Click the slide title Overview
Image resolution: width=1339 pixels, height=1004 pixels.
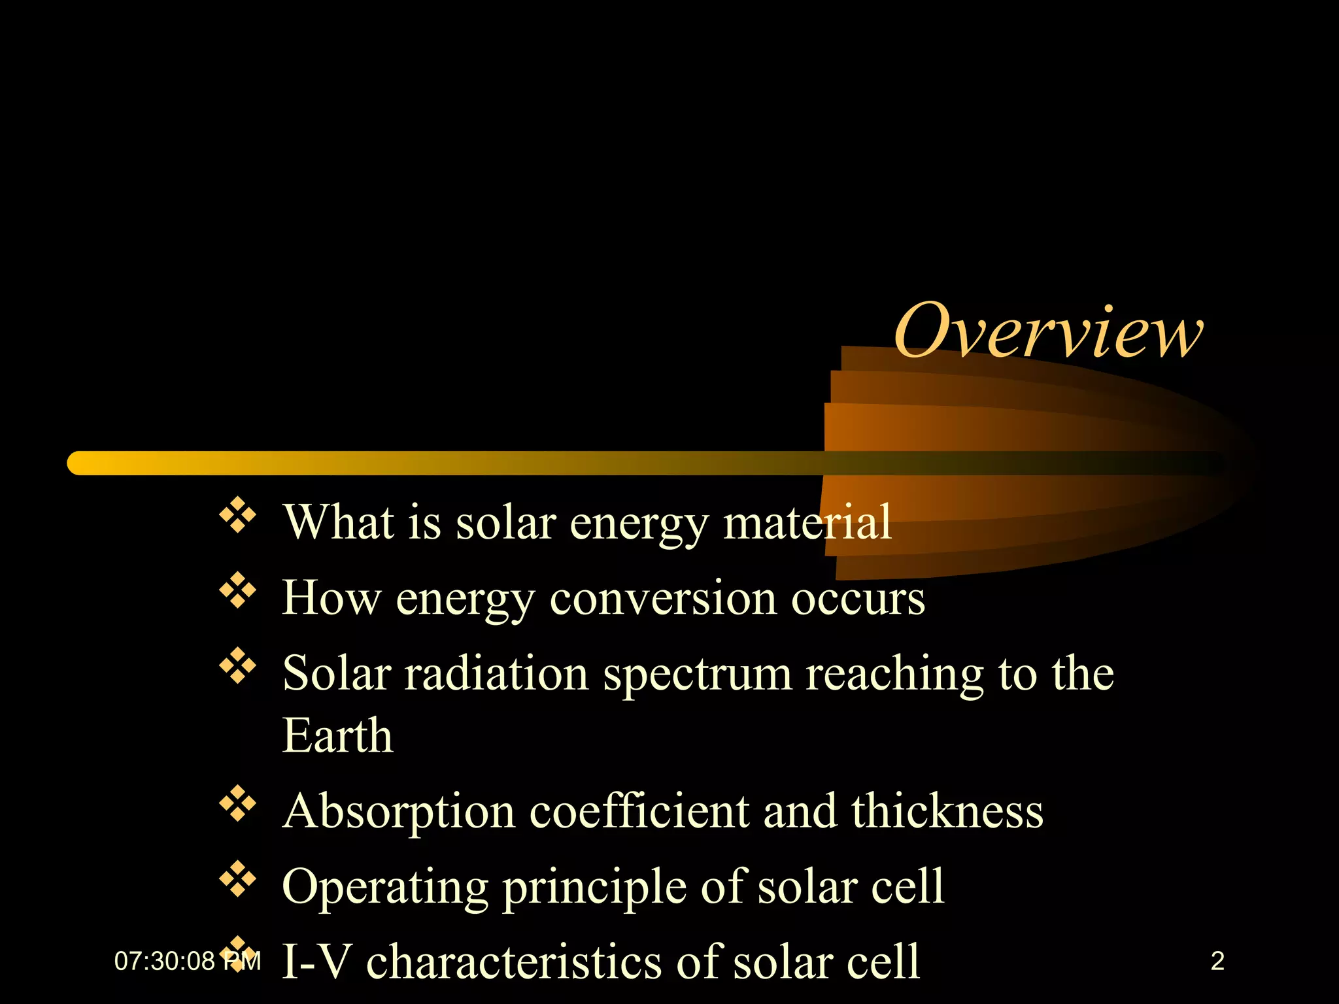(1047, 331)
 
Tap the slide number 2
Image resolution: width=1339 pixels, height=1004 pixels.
(1217, 961)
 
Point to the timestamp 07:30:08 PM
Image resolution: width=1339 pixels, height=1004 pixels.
(187, 961)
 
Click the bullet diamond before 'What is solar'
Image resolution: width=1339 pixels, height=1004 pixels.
(237, 515)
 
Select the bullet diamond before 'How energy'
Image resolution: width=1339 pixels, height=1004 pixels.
(237, 590)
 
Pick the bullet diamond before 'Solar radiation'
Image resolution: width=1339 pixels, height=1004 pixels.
(237, 666)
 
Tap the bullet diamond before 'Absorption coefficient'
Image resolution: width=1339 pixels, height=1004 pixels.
(237, 804)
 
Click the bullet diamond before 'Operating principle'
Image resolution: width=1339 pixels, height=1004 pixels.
(237, 879)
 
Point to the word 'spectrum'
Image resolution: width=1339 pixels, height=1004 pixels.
(697, 675)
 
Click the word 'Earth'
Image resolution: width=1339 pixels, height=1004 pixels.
(337, 735)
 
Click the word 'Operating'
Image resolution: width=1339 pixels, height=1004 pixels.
(385, 888)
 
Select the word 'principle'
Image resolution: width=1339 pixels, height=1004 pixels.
(594, 888)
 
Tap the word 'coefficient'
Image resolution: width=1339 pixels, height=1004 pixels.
(639, 811)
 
